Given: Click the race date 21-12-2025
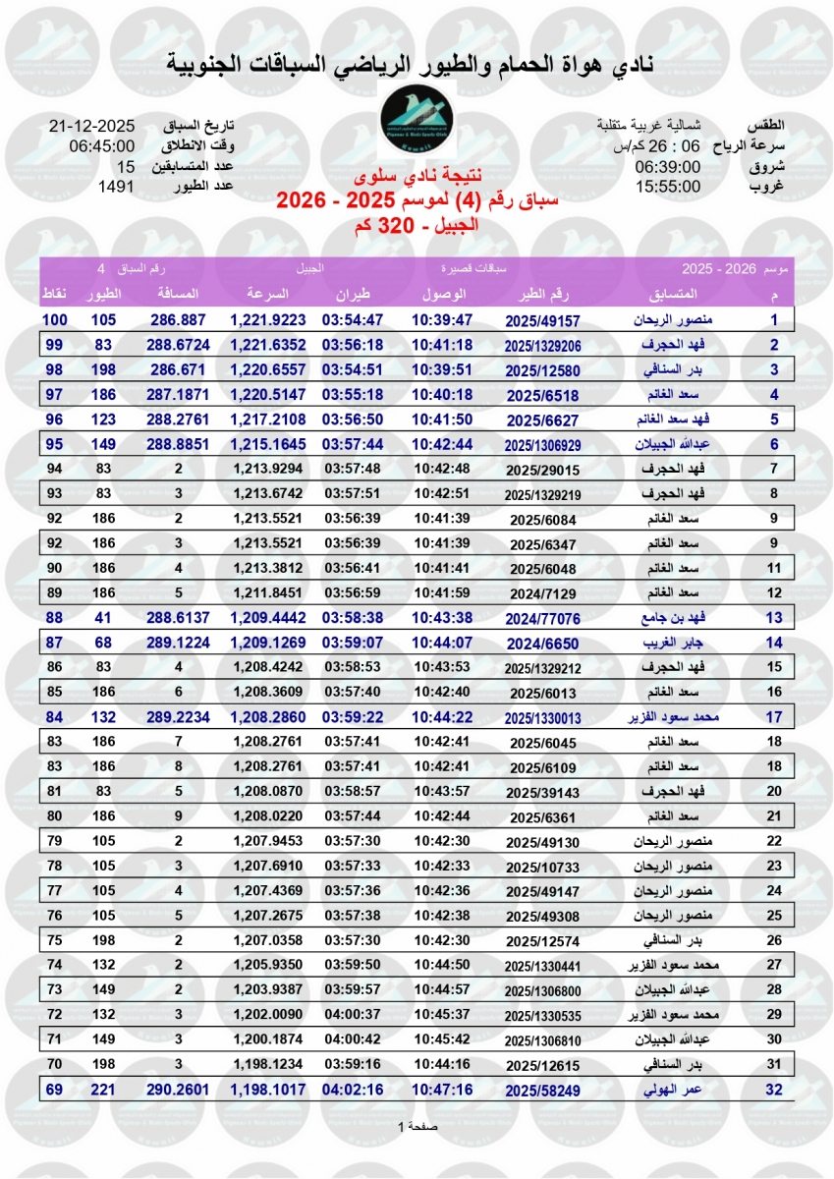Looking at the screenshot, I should [x=91, y=127].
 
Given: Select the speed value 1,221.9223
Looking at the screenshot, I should [x=268, y=320].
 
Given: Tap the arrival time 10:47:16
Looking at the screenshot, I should [x=442, y=1090].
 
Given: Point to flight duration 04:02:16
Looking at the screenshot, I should [x=354, y=1090].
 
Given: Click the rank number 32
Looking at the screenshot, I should [x=773, y=1090].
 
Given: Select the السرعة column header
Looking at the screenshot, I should [x=266, y=295].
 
